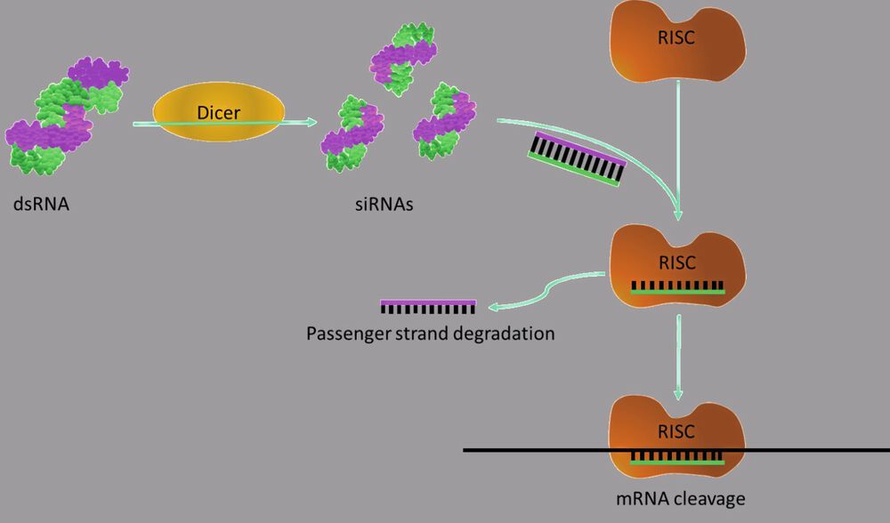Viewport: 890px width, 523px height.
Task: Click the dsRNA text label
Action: click(x=41, y=205)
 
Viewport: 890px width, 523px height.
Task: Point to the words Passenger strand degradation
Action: click(x=430, y=334)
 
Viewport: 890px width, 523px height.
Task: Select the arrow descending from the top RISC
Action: click(x=680, y=142)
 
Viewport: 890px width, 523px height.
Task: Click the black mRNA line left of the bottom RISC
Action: click(x=534, y=451)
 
